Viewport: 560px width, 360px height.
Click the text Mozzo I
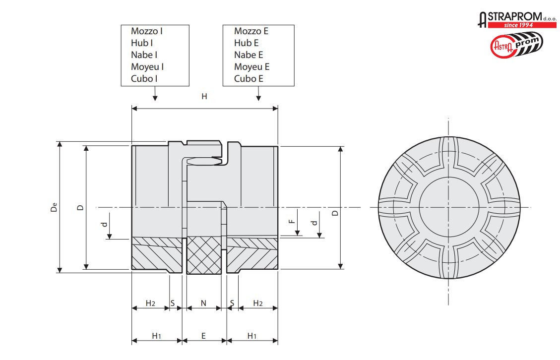(x=147, y=31)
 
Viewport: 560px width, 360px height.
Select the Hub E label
(x=247, y=43)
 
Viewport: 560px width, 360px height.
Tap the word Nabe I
(x=144, y=55)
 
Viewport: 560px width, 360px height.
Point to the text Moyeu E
(x=251, y=67)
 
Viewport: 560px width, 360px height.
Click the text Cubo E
(x=249, y=79)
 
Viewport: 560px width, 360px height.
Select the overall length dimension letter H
(x=204, y=97)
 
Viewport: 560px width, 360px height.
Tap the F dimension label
(x=292, y=217)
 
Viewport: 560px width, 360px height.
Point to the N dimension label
(x=203, y=303)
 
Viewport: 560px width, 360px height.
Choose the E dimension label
(x=203, y=336)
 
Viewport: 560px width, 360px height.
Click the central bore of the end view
(x=449, y=207)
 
